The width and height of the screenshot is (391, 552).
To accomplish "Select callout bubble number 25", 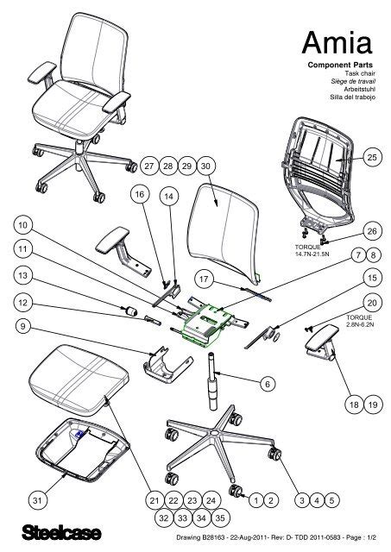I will coord(371,158).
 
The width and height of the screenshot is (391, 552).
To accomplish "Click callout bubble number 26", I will coord(371,231).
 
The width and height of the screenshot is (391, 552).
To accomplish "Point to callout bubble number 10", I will coord(22,225).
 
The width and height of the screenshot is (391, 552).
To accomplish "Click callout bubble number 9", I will coord(22,327).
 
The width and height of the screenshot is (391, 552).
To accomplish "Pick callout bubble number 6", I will coord(268,382).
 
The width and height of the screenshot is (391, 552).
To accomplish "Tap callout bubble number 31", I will coord(35,500).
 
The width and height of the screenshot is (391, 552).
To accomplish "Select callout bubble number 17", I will coord(205,279).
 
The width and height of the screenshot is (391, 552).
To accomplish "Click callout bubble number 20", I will coord(371,304).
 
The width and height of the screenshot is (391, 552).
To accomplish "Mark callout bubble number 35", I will coord(219,518).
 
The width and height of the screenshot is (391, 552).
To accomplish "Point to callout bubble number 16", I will coord(138,196).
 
